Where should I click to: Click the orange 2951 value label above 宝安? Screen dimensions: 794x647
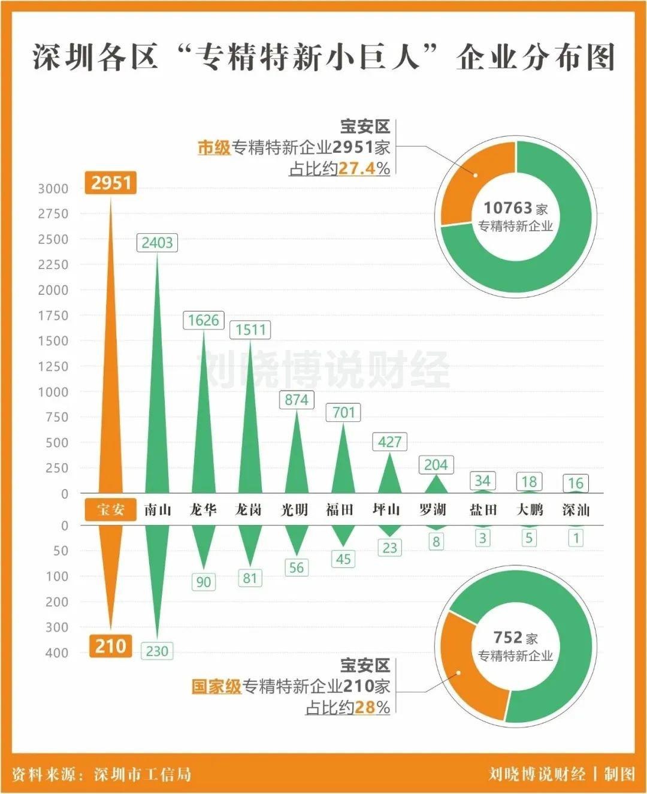pos(111,182)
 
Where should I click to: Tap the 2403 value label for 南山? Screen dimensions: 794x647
pos(157,243)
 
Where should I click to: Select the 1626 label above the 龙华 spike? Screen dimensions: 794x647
pos(203,320)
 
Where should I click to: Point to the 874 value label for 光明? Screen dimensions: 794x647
pos(297,400)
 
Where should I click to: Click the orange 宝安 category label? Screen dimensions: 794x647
pos(111,510)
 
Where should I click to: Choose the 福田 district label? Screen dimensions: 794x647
pos(340,510)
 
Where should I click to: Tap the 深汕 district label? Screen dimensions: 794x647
pos(576,510)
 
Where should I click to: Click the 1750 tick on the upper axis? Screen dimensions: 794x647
pos(53,315)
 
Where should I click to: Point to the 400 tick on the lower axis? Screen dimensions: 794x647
pos(57,653)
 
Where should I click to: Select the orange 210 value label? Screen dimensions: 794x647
pos(111,646)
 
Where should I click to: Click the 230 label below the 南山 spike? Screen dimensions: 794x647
pos(157,651)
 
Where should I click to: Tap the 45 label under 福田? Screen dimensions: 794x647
pos(343,559)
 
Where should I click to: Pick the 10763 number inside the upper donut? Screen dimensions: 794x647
pos(508,208)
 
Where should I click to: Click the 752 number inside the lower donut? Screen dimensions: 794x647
pos(508,637)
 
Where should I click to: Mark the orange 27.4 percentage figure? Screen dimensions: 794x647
pos(356,169)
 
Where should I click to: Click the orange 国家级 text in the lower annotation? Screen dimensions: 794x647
pos(216,686)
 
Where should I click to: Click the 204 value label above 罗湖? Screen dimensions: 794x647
pos(436,464)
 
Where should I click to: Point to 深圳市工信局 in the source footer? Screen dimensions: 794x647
pos(143,774)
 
